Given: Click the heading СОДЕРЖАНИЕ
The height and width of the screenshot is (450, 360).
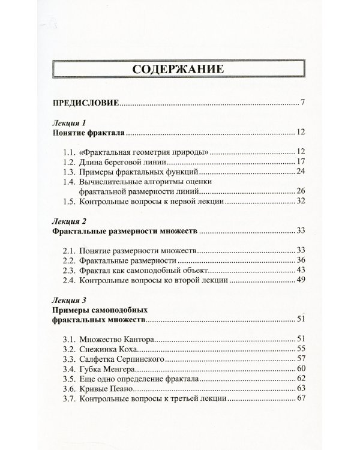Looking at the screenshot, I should tap(179, 70).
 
